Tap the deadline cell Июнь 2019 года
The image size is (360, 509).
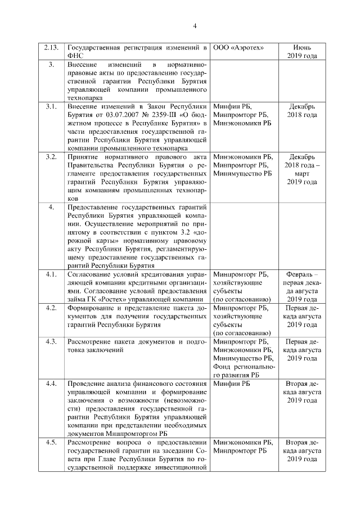pos(302,51)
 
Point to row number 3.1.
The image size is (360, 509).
pos(51,106)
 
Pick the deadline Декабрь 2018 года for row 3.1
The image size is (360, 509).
pos(302,110)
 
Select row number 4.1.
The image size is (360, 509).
pos(51,274)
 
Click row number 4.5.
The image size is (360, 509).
pos(51,443)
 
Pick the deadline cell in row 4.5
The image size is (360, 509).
pos(302,451)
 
